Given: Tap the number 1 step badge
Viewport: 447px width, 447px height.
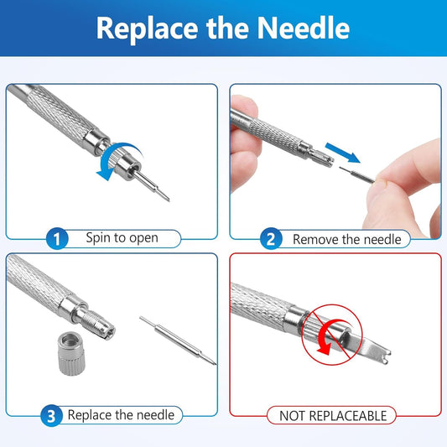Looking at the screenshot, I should [56, 239].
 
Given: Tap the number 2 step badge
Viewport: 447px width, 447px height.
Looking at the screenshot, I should [270, 239].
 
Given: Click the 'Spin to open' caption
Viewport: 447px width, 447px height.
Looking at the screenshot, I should [122, 238].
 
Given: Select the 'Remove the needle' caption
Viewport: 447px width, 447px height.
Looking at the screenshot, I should [346, 239].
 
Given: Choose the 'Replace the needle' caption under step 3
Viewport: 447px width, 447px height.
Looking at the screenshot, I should [121, 414].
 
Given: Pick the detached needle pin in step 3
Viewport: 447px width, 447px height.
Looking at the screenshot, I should [177, 340].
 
